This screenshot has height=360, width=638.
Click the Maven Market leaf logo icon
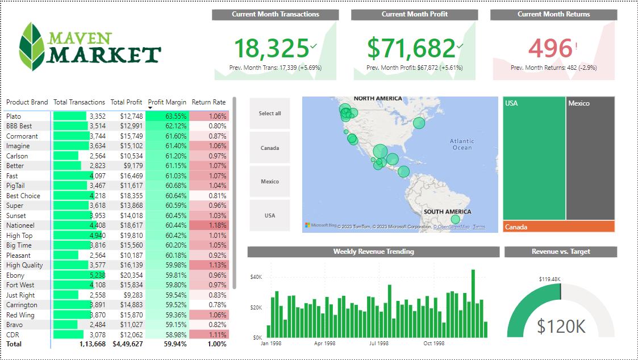tap(32, 47)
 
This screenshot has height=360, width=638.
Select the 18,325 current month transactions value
tap(272, 48)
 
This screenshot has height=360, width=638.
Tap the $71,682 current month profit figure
tap(411, 48)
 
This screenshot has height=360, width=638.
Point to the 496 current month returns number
tap(549, 48)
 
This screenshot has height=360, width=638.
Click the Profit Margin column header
tap(167, 102)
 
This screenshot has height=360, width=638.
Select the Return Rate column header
tap(209, 102)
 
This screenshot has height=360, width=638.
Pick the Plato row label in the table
tap(14, 116)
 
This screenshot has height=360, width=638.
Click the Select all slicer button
tap(270, 114)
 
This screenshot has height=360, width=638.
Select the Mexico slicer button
tap(270, 182)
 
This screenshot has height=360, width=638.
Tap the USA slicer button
tap(270, 216)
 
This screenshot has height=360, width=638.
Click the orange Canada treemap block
tap(558, 227)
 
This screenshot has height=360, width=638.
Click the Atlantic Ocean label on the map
tap(462, 144)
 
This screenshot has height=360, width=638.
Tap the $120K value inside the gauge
tap(561, 326)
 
